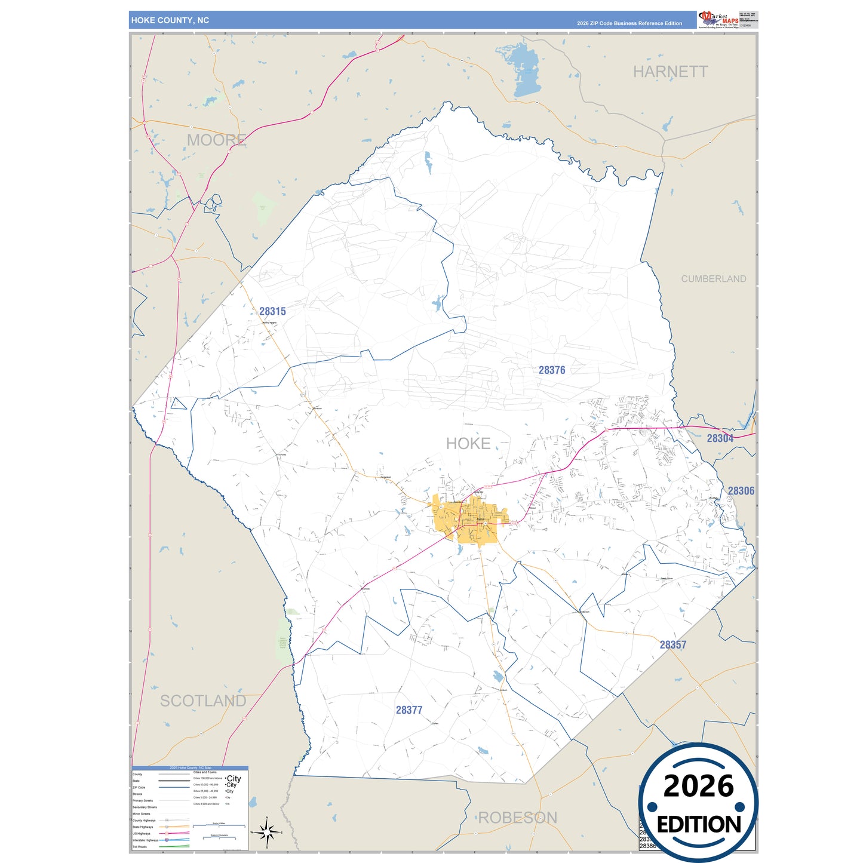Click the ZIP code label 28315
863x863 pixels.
tap(272, 311)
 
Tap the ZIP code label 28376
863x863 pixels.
tap(552, 370)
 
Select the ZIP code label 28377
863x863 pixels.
tap(409, 710)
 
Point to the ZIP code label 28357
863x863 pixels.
tap(673, 645)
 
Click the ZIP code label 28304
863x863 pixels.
tap(720, 438)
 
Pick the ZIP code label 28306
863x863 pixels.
tap(741, 491)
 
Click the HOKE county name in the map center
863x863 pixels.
tap(468, 444)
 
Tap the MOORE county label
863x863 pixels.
tap(216, 140)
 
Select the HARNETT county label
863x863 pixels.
tap(670, 72)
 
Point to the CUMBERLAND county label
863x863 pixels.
tap(714, 279)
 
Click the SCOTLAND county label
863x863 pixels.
tap(203, 701)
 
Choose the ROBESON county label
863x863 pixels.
tap(518, 818)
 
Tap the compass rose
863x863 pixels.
tap(267, 832)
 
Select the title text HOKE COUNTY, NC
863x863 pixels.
tap(170, 20)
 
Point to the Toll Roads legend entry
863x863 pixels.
tap(140, 847)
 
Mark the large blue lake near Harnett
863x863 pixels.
tap(526, 70)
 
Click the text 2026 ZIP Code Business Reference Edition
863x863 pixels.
tap(629, 23)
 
